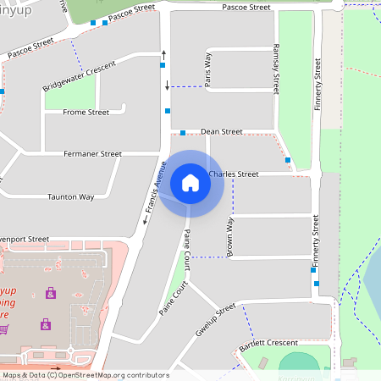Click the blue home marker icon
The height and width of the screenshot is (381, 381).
click(190, 183)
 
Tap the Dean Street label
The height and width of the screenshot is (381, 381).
click(221, 132)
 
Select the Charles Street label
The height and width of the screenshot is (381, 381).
click(233, 174)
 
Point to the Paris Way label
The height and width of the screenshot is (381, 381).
click(207, 69)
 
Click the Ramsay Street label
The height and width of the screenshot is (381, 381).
click(276, 69)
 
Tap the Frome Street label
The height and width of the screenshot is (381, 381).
click(86, 112)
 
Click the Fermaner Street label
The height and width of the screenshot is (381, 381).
click(93, 154)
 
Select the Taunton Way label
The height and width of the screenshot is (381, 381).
click(70, 196)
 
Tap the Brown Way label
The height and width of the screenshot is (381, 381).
click(229, 236)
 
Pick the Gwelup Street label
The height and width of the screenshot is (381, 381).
click(214, 319)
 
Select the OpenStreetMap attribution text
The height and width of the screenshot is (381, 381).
click(86, 375)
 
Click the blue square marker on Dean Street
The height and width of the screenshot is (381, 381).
click(183, 133)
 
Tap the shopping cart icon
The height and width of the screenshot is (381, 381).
click(4, 328)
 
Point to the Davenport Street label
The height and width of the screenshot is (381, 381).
click(25, 240)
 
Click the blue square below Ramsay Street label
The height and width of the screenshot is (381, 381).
click(288, 160)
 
